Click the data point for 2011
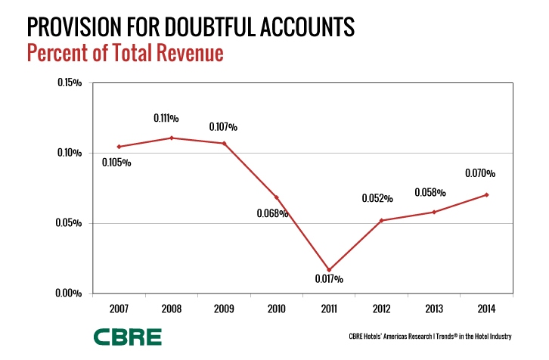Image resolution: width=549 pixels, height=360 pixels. [x=329, y=270]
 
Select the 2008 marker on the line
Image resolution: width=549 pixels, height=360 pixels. [x=172, y=138]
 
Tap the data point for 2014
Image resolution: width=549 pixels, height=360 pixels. [x=486, y=195]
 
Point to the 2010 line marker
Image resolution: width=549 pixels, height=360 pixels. [x=277, y=197]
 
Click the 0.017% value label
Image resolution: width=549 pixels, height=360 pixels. [x=329, y=280]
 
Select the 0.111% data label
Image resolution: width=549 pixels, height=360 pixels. [x=166, y=118]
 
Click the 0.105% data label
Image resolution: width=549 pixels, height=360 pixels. [x=116, y=162]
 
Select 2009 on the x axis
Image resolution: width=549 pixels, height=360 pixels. [x=224, y=309]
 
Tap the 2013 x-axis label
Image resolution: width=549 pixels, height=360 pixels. [x=434, y=309]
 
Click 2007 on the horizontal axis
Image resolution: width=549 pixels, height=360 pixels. [x=119, y=309]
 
